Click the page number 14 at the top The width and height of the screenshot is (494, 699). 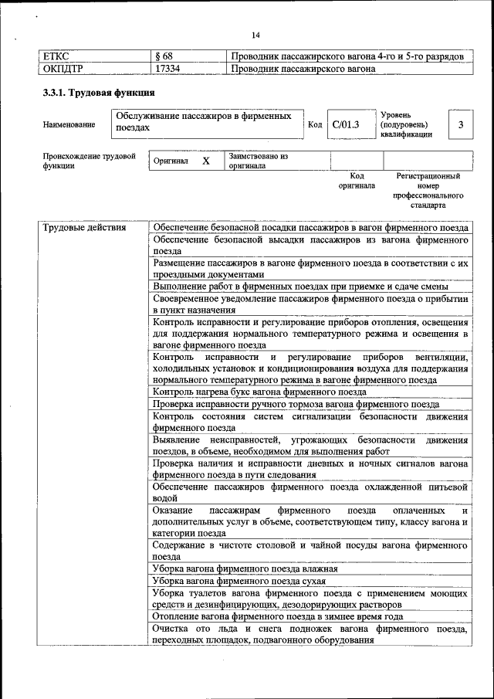[x=255, y=35]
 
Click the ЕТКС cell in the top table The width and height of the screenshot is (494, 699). [x=56, y=56]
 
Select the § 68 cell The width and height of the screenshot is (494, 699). [x=164, y=56]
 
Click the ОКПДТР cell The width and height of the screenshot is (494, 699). [x=63, y=69]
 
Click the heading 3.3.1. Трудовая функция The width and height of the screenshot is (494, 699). [x=93, y=93]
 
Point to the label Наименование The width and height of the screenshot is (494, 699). [x=69, y=124]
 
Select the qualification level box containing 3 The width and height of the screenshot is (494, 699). [x=460, y=124]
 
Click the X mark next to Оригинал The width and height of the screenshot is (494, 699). [x=206, y=161]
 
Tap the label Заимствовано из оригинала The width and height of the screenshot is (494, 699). [x=258, y=161]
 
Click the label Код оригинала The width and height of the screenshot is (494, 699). [x=357, y=181]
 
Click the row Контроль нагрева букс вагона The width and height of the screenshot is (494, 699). [x=259, y=392]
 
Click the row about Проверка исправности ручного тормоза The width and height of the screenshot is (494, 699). [x=296, y=404]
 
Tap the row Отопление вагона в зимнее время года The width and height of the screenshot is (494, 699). [x=278, y=617]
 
